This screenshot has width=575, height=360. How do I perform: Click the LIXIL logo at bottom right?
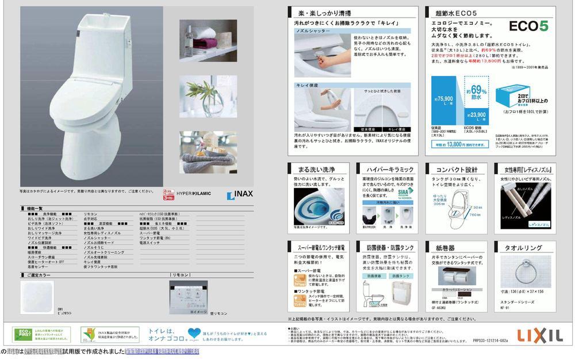coord(538,335)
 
